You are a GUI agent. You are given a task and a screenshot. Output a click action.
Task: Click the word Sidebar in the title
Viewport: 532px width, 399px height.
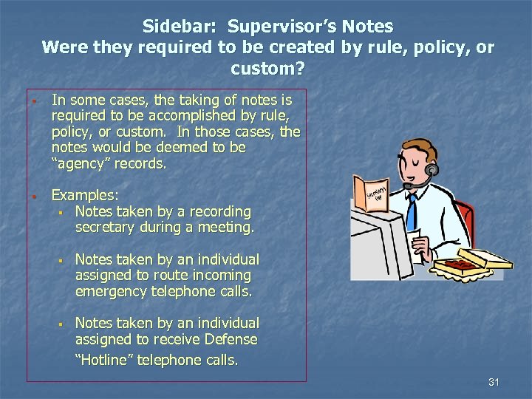(x=180, y=27)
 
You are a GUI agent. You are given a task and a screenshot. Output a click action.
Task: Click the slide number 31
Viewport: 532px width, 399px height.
(x=494, y=382)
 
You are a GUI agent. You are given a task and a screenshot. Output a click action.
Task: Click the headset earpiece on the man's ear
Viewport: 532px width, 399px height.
(x=432, y=169)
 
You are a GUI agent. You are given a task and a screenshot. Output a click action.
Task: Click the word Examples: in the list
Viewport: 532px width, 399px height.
(x=84, y=196)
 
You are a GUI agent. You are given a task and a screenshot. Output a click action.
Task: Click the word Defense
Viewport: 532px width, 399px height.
(x=230, y=339)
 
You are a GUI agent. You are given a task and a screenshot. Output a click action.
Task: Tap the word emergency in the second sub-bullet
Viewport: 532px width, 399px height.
(x=111, y=290)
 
